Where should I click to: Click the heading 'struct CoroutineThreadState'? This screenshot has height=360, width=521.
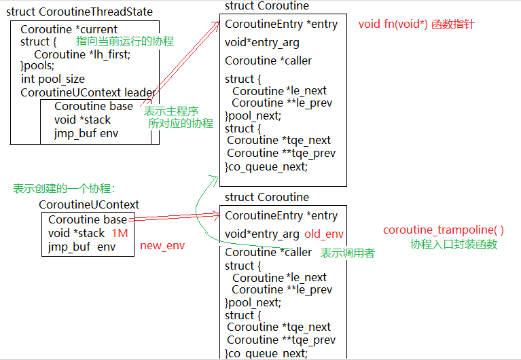click(79, 12)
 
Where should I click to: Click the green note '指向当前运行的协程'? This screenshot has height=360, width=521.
click(125, 41)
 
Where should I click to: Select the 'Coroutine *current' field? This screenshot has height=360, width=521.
click(69, 29)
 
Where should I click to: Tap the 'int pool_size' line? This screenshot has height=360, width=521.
click(52, 79)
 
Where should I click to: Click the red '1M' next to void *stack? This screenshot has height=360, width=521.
click(120, 233)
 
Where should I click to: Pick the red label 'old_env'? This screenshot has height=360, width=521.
click(324, 234)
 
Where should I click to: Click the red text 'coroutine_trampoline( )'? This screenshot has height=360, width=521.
click(444, 230)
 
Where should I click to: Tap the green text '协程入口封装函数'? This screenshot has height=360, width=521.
click(453, 244)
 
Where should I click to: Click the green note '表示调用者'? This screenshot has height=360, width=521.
click(347, 253)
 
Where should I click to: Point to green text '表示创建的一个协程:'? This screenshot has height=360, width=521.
click(64, 189)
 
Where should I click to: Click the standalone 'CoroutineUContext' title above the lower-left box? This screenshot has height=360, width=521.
click(89, 204)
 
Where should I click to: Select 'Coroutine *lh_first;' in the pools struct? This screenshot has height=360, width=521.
click(82, 54)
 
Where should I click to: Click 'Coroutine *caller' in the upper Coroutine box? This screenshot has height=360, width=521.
click(268, 60)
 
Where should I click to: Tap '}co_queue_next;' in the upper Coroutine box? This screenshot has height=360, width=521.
click(266, 166)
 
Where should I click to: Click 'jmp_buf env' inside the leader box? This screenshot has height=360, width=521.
click(86, 133)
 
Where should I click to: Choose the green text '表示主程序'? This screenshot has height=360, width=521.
click(171, 111)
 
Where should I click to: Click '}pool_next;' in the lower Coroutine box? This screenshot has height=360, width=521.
click(252, 302)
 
